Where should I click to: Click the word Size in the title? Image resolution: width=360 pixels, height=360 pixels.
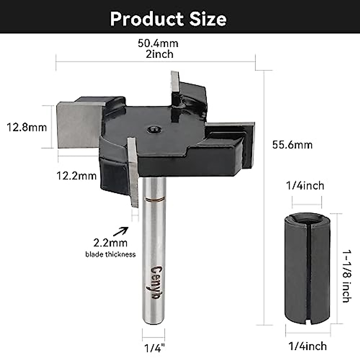tap(208, 19)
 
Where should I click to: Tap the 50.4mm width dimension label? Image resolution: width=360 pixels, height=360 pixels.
tap(158, 43)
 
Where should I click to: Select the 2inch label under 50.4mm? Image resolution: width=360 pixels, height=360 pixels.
tap(159, 54)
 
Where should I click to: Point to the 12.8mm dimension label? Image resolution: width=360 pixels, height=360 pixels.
tap(27, 127)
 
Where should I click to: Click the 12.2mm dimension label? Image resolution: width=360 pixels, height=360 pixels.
tap(77, 175)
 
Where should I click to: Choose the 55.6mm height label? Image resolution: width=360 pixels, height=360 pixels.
tap(292, 145)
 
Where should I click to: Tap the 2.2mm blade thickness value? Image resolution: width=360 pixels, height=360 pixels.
tap(110, 242)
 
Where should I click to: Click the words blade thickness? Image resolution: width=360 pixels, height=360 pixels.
tap(110, 255)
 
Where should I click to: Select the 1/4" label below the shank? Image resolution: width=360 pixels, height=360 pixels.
tap(155, 348)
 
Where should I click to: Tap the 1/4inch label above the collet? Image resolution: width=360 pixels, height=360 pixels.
tap(305, 186)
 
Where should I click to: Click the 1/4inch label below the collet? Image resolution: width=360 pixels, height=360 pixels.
tap(307, 346)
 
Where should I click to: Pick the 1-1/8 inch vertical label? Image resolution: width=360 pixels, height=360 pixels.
tap(346, 276)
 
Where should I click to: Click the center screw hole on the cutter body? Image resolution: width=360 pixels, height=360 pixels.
tap(154, 129)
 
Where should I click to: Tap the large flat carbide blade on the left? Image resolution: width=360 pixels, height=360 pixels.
tap(76, 125)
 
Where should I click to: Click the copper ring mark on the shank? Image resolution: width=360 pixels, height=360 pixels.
tap(154, 199)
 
